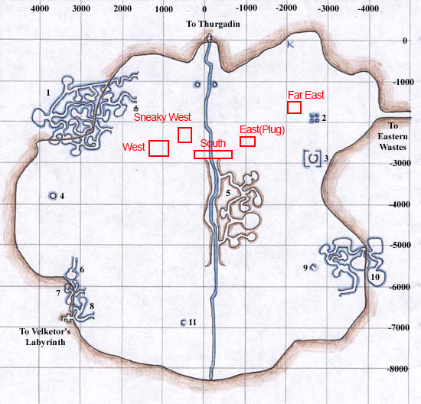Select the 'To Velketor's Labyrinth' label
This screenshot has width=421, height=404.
point(45,337)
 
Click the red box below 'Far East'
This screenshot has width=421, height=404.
point(294,107)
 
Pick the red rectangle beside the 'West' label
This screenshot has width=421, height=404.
point(158,148)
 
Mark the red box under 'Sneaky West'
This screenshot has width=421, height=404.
point(184,135)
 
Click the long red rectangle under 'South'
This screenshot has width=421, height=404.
point(213,155)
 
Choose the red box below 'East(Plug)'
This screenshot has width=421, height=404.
point(247,142)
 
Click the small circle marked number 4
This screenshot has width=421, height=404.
point(53,196)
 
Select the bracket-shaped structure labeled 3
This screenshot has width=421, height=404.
point(312,158)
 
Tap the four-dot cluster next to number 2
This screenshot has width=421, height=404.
point(314,118)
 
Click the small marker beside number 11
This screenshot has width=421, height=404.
point(182,323)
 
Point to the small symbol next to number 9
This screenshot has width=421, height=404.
point(313,267)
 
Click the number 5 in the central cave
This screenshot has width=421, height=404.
point(228,191)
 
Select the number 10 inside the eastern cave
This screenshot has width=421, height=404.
point(374,276)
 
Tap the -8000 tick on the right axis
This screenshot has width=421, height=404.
point(397,369)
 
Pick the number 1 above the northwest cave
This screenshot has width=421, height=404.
point(48,93)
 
